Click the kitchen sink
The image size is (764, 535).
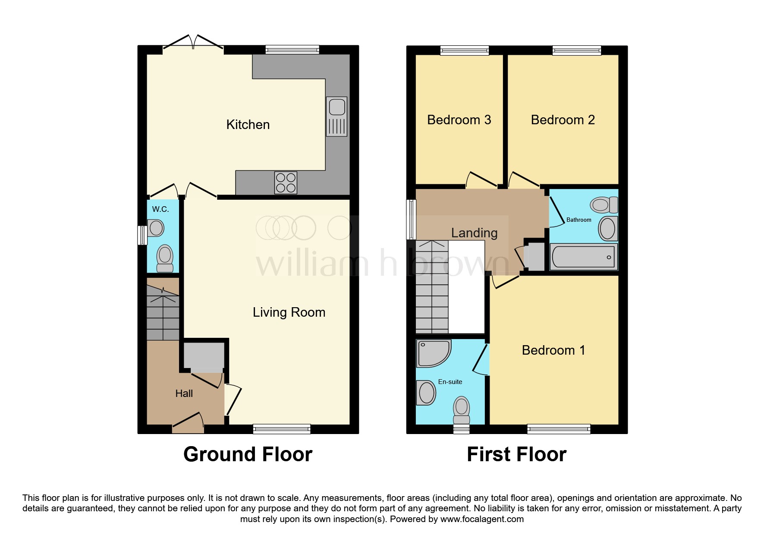336,116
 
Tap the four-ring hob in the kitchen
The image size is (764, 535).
286,183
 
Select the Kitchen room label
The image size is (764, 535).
248,125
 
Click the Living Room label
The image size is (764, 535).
289,312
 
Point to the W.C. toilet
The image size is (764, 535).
165,258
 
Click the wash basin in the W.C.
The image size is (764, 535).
156,228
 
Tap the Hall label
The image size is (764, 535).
184,393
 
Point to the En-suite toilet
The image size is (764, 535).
462,410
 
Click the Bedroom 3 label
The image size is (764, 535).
459,120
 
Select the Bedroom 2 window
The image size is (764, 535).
577,50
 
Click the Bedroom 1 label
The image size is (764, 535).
553,350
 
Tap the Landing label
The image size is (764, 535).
474,233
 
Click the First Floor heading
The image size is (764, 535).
516,455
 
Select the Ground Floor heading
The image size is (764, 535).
248,455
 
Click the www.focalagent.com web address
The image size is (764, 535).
482,519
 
